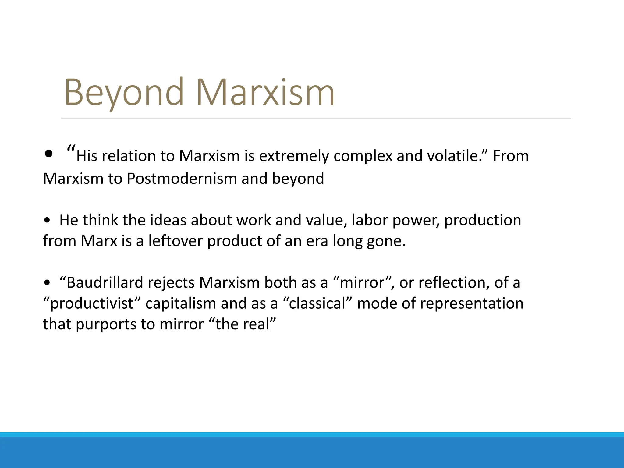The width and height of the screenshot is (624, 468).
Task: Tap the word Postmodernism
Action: point(182,178)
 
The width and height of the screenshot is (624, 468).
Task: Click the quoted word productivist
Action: point(91,303)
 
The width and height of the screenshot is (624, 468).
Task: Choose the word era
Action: point(317,241)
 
